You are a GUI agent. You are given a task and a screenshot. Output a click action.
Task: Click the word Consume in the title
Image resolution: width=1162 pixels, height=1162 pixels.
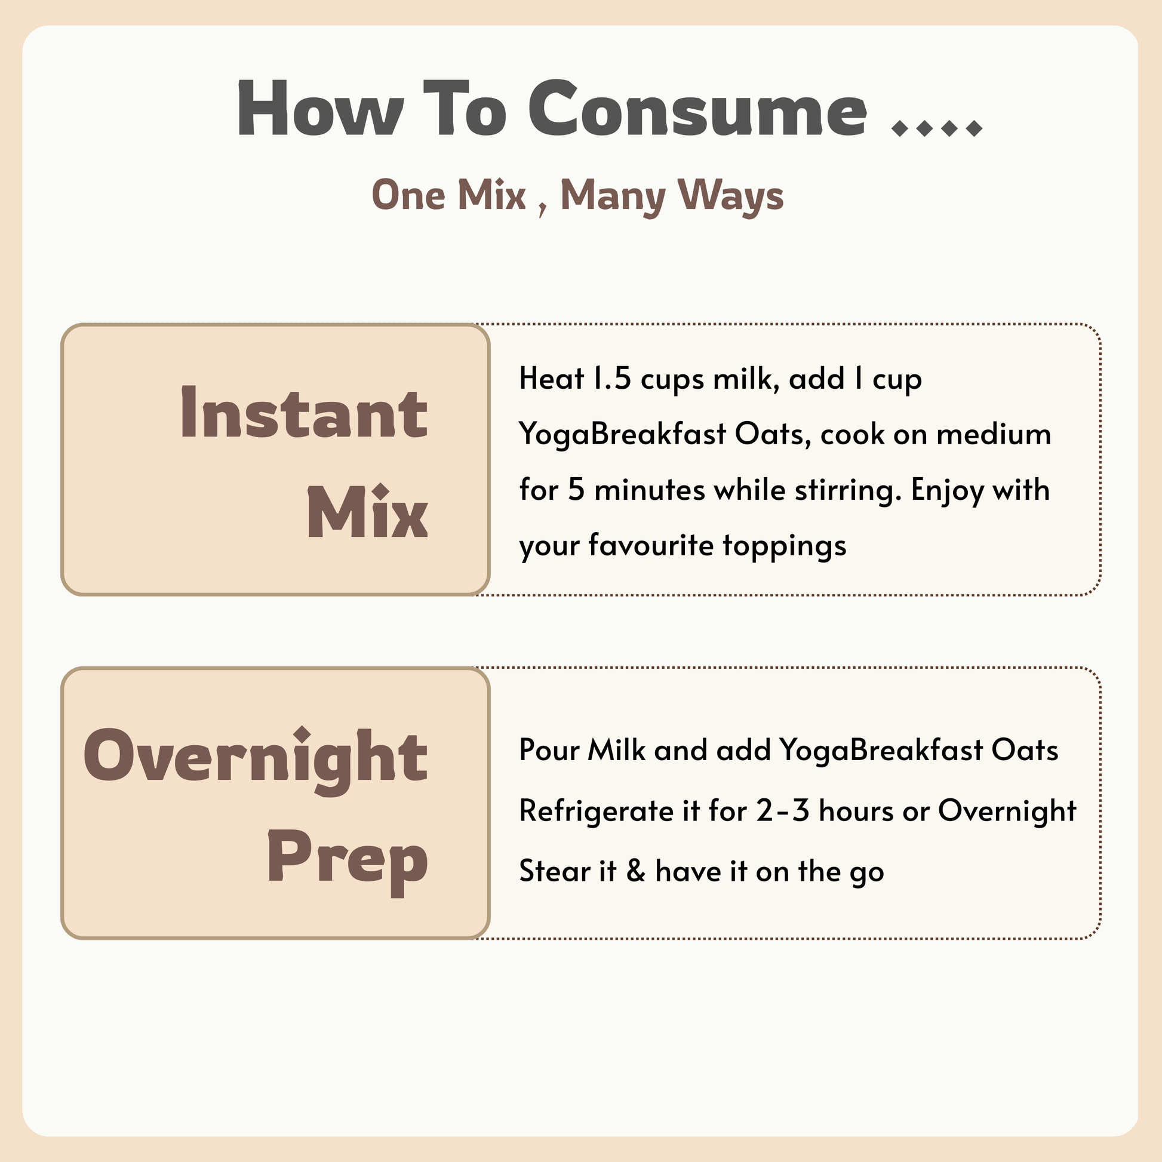point(697,110)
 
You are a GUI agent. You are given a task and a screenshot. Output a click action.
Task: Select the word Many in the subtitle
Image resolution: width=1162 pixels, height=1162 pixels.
point(613,195)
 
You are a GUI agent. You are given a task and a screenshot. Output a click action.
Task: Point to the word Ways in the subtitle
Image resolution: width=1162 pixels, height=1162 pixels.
point(730,195)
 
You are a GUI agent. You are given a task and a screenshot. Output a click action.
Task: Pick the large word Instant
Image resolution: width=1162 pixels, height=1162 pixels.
point(305,414)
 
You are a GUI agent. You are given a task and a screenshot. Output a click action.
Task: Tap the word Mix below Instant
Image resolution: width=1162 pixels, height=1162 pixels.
point(367,512)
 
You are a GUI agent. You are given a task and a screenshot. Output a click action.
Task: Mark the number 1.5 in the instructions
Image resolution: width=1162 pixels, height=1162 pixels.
point(611,379)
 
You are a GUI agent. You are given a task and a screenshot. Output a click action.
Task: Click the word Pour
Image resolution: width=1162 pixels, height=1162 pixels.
point(548,750)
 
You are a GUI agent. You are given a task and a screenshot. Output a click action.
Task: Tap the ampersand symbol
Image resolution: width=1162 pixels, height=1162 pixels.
point(636,871)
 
